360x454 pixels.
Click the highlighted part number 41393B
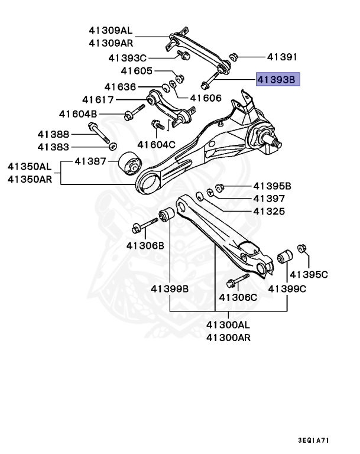click(x=278, y=78)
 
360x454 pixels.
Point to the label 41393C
click(x=127, y=58)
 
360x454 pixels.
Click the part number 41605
click(x=137, y=71)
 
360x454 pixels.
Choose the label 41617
click(x=98, y=100)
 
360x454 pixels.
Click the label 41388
click(x=53, y=134)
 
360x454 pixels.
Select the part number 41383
click(x=53, y=147)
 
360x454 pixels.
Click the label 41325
click(x=269, y=211)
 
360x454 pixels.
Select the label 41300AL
click(x=228, y=325)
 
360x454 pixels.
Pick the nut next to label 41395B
click(x=219, y=188)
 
